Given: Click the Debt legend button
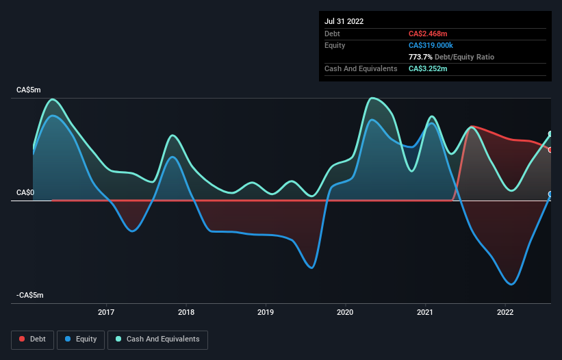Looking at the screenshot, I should click(33, 339).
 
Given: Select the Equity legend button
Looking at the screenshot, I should click(81, 339).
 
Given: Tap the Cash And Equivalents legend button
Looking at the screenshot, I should click(157, 339).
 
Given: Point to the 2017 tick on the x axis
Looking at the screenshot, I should click(106, 312).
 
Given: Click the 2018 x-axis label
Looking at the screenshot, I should click(186, 312).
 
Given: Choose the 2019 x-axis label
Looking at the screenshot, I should click(266, 312).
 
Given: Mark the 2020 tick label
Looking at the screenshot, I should click(346, 312).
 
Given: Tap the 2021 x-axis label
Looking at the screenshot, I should click(425, 312).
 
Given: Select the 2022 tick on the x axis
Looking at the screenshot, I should click(505, 312).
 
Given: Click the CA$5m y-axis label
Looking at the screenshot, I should click(30, 90).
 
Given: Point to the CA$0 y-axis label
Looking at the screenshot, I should click(25, 193).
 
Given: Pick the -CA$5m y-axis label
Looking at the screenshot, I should click(31, 296).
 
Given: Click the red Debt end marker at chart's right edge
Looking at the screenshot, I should click(550, 149).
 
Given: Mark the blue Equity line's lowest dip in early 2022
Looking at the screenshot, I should click(511, 284).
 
